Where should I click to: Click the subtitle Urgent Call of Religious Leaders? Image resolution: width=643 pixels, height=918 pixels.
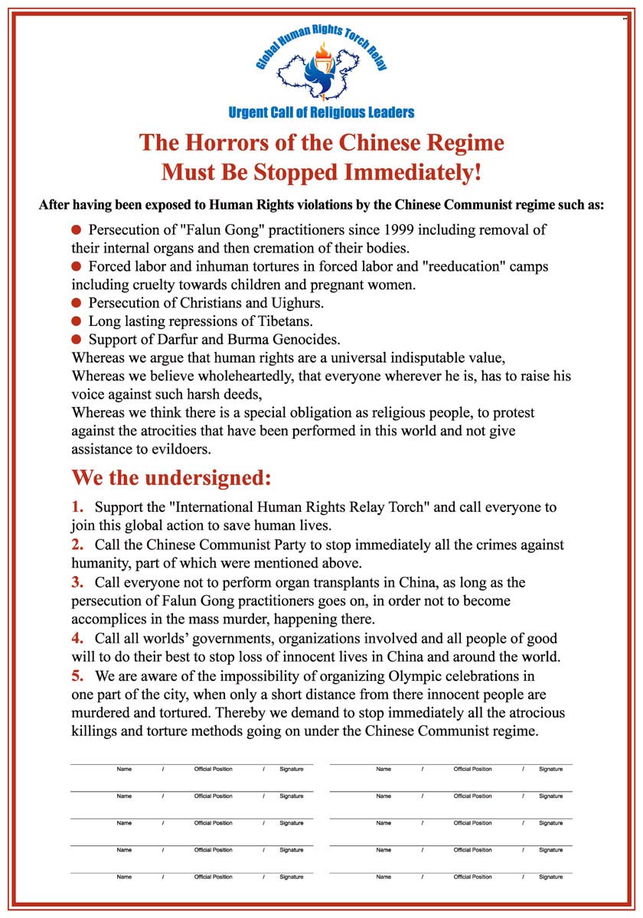point(321,113)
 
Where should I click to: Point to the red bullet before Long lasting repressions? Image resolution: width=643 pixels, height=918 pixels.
point(76,321)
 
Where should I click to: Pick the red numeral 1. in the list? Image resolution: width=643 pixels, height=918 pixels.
point(77,507)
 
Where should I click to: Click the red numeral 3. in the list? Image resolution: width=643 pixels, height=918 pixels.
point(77,582)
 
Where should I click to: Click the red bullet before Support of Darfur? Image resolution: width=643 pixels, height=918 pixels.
point(76,339)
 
